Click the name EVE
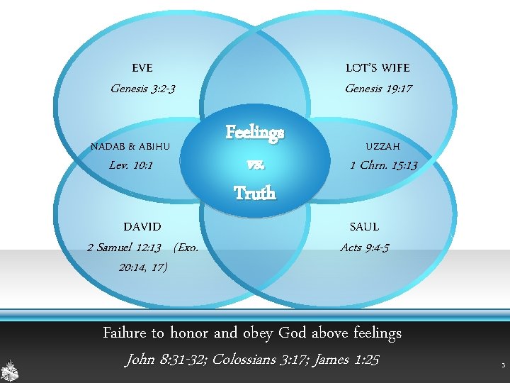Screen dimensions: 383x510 click(142, 68)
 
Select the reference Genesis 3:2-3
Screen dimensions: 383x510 click(143, 89)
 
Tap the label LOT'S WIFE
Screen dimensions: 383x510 click(378, 68)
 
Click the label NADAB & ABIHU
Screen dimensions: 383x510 click(130, 147)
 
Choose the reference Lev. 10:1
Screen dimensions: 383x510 click(132, 165)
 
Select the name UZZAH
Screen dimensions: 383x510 click(382, 147)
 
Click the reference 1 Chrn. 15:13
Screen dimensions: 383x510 click(384, 165)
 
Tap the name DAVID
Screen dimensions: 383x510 click(142, 227)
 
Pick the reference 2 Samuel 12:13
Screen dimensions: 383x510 click(124, 248)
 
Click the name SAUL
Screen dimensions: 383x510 click(364, 227)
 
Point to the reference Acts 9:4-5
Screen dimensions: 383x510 click(364, 248)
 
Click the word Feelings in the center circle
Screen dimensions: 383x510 click(255, 132)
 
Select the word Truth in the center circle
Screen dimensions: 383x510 click(254, 193)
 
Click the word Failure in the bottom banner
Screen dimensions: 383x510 click(125, 333)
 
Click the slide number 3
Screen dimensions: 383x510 click(502, 366)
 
